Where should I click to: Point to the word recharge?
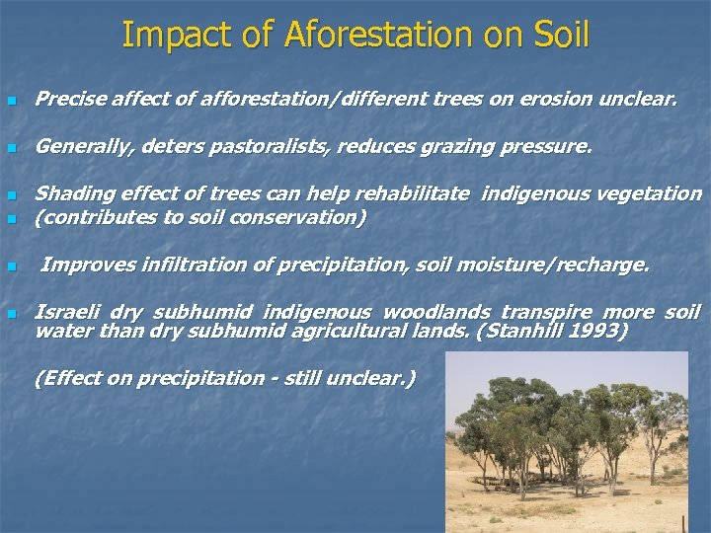[603, 265]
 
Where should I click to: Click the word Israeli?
[66, 312]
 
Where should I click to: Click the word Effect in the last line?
[69, 377]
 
